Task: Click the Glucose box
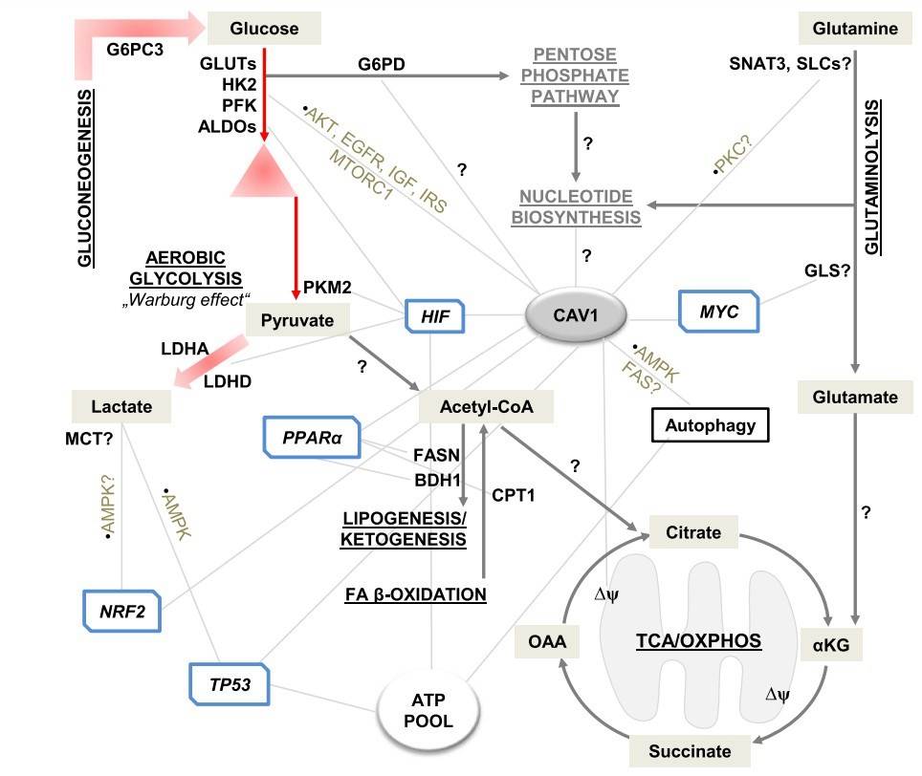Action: pyautogui.click(x=264, y=29)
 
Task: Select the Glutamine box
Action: pyautogui.click(x=855, y=29)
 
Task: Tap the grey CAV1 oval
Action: pyautogui.click(x=576, y=314)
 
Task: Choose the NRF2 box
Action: pyautogui.click(x=121, y=611)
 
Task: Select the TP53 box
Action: pyautogui.click(x=230, y=683)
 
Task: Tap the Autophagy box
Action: pyautogui.click(x=711, y=426)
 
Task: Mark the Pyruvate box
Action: pyautogui.click(x=297, y=320)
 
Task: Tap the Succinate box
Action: pyautogui.click(x=689, y=750)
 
